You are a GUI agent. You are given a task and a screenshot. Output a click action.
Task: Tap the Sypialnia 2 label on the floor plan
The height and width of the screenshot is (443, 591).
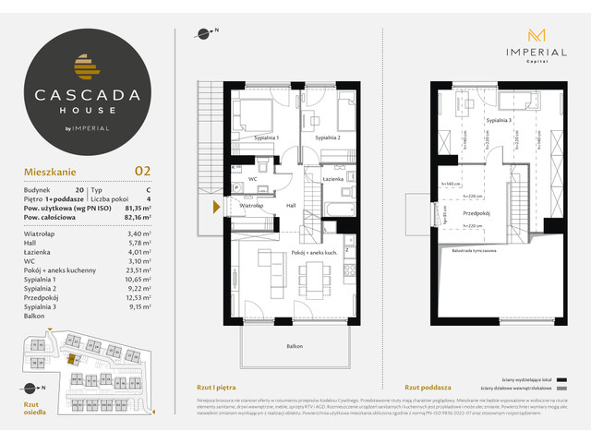pos(328,138)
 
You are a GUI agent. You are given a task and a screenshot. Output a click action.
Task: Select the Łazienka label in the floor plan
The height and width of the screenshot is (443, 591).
pos(334,178)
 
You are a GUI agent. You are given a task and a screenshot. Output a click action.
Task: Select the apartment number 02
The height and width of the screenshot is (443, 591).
pos(142,170)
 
